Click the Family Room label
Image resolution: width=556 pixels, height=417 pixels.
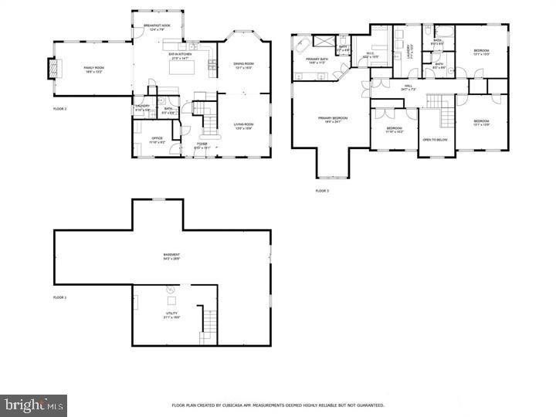[93, 69]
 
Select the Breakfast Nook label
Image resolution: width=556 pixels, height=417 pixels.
[157, 26]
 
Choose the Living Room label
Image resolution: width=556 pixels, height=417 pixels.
[243, 125]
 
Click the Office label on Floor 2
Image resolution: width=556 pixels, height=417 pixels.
[157, 141]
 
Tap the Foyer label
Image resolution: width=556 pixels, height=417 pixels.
[202, 144]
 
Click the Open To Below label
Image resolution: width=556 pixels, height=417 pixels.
[435, 140]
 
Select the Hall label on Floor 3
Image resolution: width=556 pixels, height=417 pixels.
[408, 87]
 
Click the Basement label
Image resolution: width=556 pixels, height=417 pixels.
[171, 256]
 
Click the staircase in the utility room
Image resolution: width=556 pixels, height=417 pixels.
[207, 324]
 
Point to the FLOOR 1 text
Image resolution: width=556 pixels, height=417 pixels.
[60, 297]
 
